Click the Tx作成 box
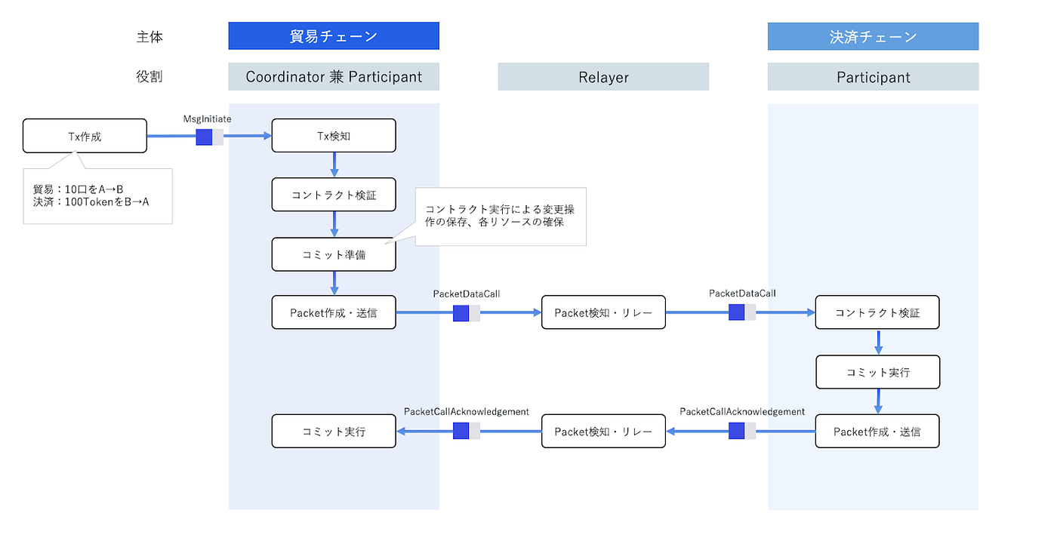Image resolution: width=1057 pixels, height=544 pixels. pos(85,136)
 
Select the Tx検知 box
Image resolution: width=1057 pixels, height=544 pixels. pos(334,136)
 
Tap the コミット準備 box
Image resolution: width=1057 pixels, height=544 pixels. pos(334,254)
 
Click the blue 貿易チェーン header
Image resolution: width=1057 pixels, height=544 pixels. pos(334,36)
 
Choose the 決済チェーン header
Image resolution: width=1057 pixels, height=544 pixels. pos(873,36)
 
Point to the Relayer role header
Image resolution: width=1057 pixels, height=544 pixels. pos(603,77)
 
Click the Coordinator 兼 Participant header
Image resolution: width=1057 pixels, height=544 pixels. pos(334,77)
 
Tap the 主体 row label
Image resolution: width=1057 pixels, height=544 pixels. pos(149,36)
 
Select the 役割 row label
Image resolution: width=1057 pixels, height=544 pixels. pos(149,77)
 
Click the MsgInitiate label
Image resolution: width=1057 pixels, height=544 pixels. pos(207,119)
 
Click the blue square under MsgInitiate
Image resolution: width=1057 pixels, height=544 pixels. pos(204,137)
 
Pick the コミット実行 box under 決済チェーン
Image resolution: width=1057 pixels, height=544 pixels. pos(877,372)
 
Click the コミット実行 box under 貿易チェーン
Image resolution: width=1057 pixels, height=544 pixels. pos(334,432)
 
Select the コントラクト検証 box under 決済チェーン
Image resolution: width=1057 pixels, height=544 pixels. pos(877,312)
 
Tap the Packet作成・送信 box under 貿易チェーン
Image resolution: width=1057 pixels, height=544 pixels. pos(334,312)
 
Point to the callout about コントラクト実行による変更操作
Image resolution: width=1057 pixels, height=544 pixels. pos(500,217)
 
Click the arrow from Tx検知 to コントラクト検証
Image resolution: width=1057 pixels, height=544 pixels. pos(334,165)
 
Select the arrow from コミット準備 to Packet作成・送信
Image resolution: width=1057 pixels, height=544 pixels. pos(334,283)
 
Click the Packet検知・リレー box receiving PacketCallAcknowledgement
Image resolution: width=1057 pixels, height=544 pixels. pos(603,432)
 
